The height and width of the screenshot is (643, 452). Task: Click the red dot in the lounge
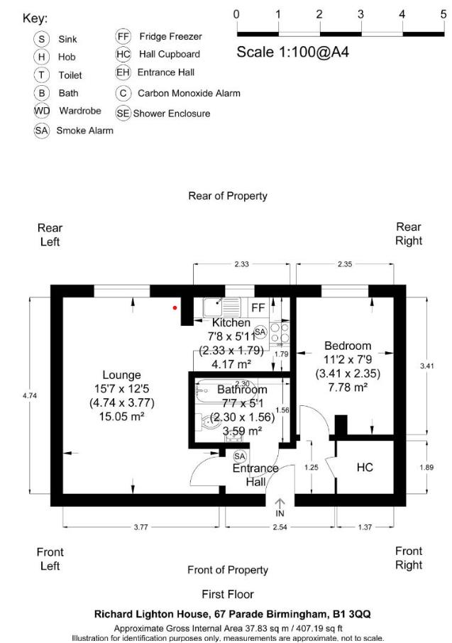click(x=175, y=308)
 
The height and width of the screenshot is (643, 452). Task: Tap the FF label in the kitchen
click(x=258, y=307)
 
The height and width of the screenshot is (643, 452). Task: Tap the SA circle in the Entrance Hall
click(x=239, y=456)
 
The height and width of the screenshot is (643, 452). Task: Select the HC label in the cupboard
click(x=365, y=468)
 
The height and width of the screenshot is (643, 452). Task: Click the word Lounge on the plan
click(x=121, y=375)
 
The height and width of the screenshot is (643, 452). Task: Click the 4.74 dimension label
click(x=29, y=395)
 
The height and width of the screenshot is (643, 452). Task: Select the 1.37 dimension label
click(x=365, y=527)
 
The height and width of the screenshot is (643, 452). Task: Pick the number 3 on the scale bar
click(x=360, y=14)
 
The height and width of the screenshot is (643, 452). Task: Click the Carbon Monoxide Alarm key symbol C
click(x=123, y=93)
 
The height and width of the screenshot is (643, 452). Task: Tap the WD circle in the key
click(x=43, y=111)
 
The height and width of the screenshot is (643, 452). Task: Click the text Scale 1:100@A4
click(x=292, y=52)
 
